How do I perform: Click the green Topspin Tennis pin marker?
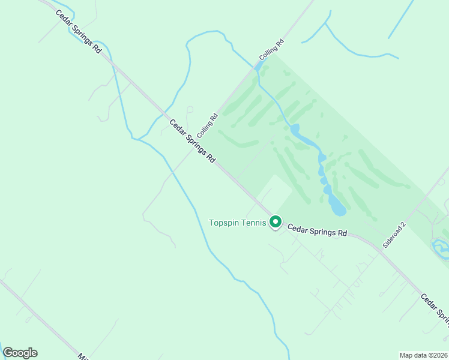(276, 222)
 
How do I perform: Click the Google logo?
(20, 353)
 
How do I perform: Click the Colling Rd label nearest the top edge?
(271, 50)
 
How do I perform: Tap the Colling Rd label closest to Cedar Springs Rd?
(207, 124)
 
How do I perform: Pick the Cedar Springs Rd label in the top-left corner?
(78, 32)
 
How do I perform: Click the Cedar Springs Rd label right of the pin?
(317, 230)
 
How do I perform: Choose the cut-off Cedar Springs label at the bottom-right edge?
(435, 310)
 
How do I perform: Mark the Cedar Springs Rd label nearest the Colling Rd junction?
(192, 142)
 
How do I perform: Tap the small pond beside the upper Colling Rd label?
(258, 66)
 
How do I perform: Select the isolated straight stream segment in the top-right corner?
(401, 19)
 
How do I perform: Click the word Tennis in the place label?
(255, 223)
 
